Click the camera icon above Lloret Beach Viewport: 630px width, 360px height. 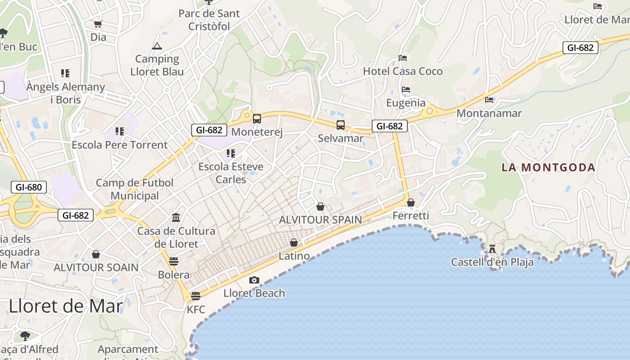[x=254, y=280]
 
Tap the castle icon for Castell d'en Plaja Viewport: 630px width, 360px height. [x=492, y=248]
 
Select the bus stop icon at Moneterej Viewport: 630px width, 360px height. [x=257, y=119]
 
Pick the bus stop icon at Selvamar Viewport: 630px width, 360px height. [x=341, y=125]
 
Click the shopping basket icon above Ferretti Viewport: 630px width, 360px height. [x=411, y=202]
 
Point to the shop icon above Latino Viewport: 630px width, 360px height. [x=294, y=243]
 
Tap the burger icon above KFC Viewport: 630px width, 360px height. [x=195, y=296]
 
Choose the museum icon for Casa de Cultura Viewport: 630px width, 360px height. [x=176, y=218]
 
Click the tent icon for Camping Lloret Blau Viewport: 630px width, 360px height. [x=157, y=46]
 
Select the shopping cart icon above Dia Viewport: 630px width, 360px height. [x=98, y=24]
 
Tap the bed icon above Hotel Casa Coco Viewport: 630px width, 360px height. [x=403, y=58]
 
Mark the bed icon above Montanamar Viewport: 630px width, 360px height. [x=489, y=100]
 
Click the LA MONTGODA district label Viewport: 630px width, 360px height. [x=548, y=168]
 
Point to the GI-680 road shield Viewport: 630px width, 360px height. [x=29, y=187]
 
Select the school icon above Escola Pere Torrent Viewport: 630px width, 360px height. [x=119, y=131]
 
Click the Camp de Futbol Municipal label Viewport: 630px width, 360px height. [x=135, y=189]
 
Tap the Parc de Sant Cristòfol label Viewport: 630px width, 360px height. [x=209, y=20]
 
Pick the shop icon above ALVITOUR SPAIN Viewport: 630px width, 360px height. [x=320, y=207]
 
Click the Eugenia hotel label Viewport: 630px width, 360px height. [x=406, y=103]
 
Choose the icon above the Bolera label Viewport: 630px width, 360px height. [x=174, y=261]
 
